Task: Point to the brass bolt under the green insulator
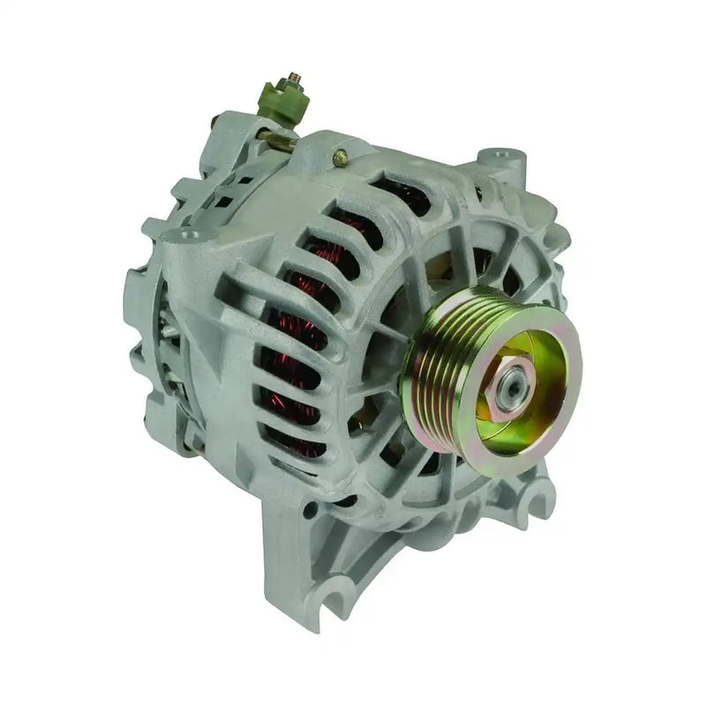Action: [281, 139]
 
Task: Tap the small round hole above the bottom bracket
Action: [309, 510]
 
